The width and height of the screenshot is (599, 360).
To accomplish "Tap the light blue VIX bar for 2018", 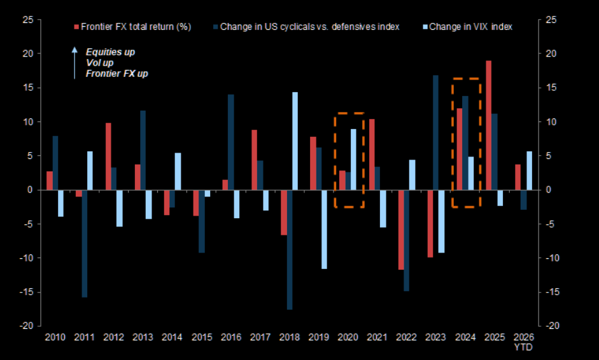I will pos(295,141).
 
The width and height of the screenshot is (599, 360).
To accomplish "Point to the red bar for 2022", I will pos(400,230).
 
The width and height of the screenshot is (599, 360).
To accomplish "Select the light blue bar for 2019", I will pos(325,229).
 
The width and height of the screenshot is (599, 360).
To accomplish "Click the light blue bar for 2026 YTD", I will pos(529,170).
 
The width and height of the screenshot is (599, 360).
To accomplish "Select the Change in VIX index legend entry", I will pos(468,27).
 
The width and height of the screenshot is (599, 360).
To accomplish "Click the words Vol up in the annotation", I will pos(100,63).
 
